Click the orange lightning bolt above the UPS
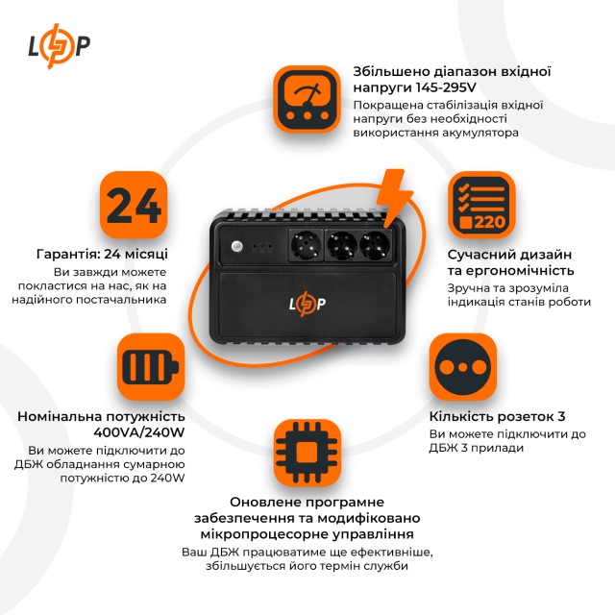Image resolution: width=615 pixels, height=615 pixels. [x=394, y=197]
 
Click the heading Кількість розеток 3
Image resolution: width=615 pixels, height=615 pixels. [x=498, y=417]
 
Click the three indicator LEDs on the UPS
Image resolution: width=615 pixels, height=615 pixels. [x=263, y=247]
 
